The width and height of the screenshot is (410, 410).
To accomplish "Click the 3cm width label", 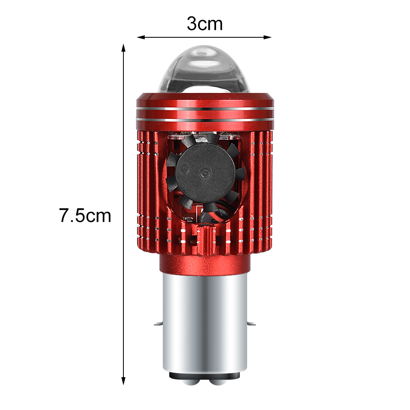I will click(205, 24).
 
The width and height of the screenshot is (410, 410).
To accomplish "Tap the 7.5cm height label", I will click(85, 216).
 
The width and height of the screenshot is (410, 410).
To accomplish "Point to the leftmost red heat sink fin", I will click(139, 189).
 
